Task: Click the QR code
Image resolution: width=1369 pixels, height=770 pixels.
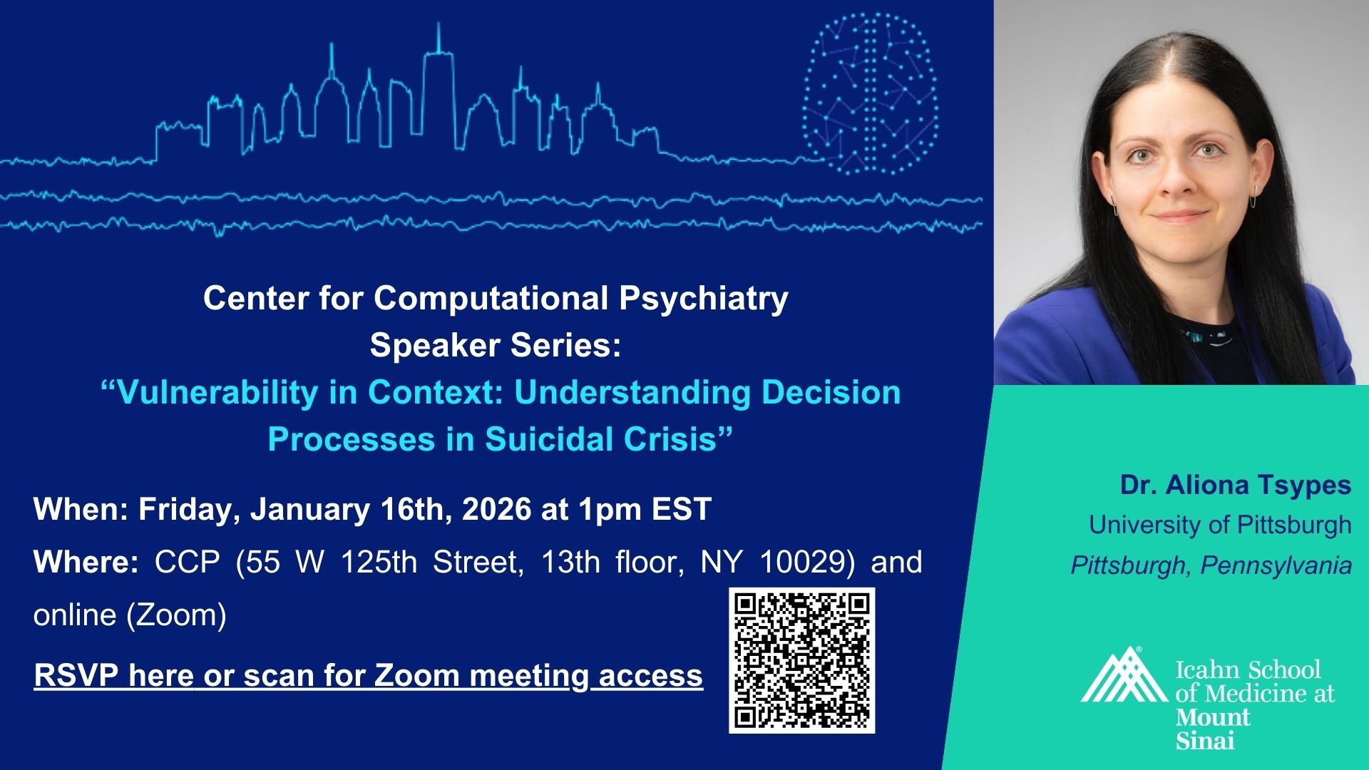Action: [x=801, y=660]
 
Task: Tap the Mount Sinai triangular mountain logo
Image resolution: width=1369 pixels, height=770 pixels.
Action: [x=1124, y=675]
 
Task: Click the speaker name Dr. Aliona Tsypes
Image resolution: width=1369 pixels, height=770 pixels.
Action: [x=1236, y=485]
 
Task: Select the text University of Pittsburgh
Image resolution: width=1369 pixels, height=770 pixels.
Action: [x=1220, y=525]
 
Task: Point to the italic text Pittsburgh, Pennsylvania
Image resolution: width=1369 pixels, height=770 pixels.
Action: [x=1211, y=565]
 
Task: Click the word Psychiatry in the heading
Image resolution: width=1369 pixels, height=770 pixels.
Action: [x=703, y=299]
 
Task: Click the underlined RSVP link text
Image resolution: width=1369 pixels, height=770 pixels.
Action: [x=368, y=675]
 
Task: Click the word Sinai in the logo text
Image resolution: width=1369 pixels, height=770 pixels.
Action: [x=1205, y=740]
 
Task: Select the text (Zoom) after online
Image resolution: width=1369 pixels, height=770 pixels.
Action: [x=176, y=615]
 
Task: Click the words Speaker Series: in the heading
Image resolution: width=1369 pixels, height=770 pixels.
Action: [x=496, y=346]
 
